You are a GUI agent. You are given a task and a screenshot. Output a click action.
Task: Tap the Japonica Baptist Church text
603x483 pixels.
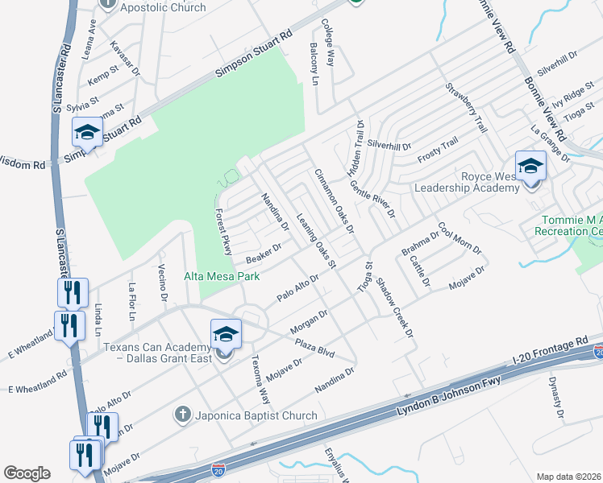coord(256,415)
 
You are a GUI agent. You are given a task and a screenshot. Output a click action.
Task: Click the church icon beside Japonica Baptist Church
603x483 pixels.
coord(183,415)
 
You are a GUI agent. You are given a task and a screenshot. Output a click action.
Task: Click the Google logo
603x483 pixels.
coord(27,473)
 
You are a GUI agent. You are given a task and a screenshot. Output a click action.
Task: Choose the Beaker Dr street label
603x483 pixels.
coord(268,254)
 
